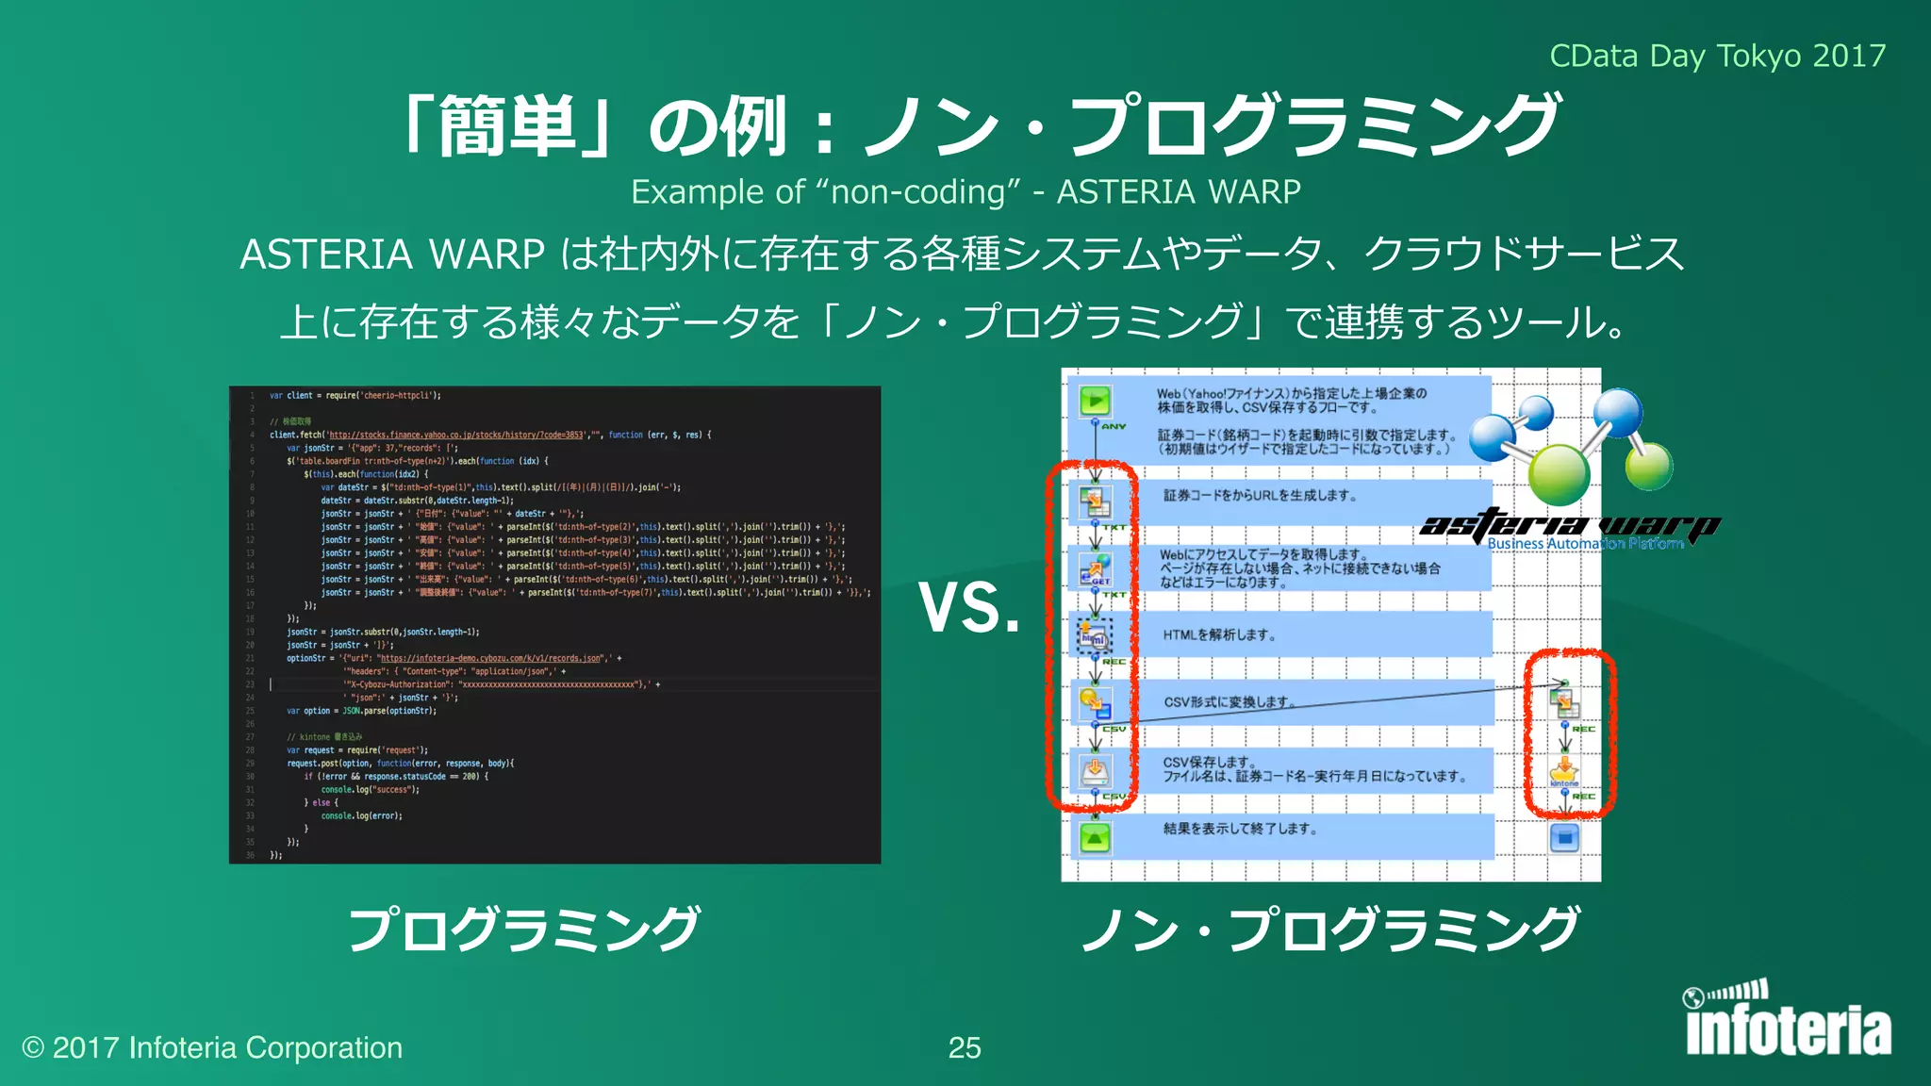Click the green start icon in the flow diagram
click(x=1095, y=401)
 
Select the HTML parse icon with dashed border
click(x=1095, y=636)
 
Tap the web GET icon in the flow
click(x=1095, y=568)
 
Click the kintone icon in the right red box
click(x=1564, y=771)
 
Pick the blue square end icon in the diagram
click(x=1564, y=837)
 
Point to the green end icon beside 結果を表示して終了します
click(x=1095, y=837)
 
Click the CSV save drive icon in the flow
click(x=1095, y=770)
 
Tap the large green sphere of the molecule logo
click(x=1559, y=472)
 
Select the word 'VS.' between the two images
click(x=969, y=608)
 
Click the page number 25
click(x=965, y=1047)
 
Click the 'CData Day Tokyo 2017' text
click(x=1717, y=57)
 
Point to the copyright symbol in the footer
click(x=33, y=1048)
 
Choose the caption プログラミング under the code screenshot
click(x=524, y=929)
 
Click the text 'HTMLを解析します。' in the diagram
click(x=1219, y=635)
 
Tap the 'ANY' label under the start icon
click(x=1114, y=427)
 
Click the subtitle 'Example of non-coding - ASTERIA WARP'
click(x=965, y=192)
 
